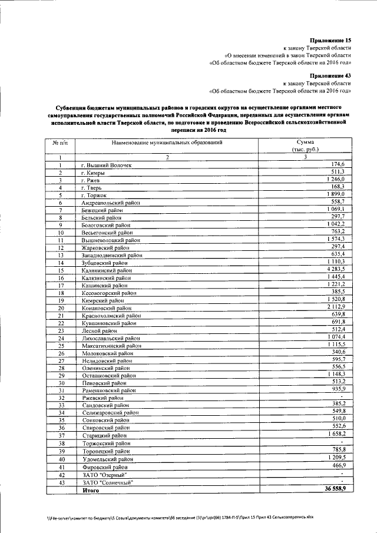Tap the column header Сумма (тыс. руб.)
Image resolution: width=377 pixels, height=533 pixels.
pyautogui.click(x=305, y=146)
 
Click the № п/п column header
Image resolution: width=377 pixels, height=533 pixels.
pyautogui.click(x=60, y=143)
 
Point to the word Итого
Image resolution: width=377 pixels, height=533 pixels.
pyautogui.click(x=90, y=490)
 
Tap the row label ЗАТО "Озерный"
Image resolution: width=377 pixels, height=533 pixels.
pyautogui.click(x=104, y=475)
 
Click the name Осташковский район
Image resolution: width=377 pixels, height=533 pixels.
pyautogui.click(x=108, y=376)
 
